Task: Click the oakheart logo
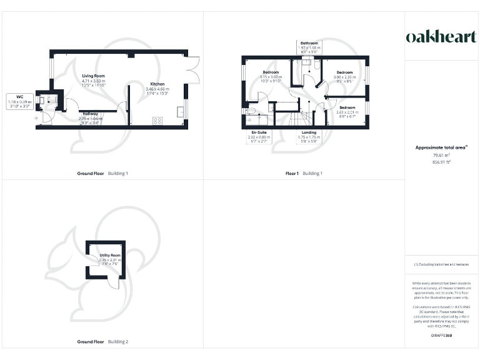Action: [442, 37]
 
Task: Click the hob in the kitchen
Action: [157, 121]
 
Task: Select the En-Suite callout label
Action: [259, 136]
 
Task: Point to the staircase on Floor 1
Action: [303, 117]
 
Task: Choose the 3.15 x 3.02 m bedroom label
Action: [271, 77]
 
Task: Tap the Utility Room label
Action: [110, 259]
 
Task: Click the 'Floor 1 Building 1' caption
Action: [304, 173]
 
